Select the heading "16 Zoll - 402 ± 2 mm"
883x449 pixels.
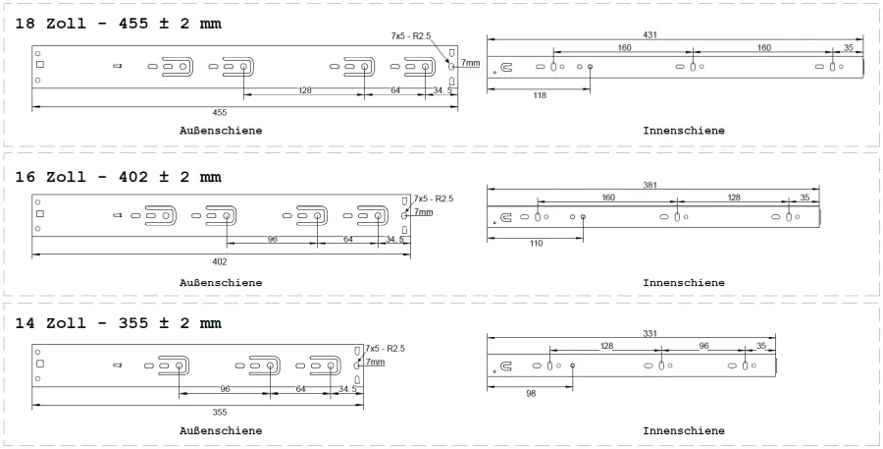tap(118, 177)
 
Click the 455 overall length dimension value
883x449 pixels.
tap(220, 112)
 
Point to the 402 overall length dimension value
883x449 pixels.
tap(220, 261)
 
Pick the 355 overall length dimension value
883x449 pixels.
tap(220, 412)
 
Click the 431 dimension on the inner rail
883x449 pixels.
tap(649, 34)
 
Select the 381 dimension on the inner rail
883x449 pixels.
tap(649, 184)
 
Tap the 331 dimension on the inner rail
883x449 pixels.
tap(649, 334)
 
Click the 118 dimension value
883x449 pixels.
tap(539, 95)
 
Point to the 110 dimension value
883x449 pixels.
tap(535, 242)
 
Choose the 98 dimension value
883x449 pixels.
tap(530, 392)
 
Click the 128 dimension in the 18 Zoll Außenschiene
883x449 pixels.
tap(306, 89)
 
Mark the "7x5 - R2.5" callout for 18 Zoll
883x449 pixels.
tap(412, 35)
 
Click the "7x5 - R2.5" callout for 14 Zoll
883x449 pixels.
tap(386, 349)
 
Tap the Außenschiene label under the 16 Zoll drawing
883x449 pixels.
tap(221, 283)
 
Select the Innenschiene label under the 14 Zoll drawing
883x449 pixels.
tap(684, 430)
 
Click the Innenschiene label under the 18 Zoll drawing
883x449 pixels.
tap(684, 130)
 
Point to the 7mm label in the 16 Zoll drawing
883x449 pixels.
tap(423, 211)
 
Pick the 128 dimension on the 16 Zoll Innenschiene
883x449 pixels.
tap(734, 197)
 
